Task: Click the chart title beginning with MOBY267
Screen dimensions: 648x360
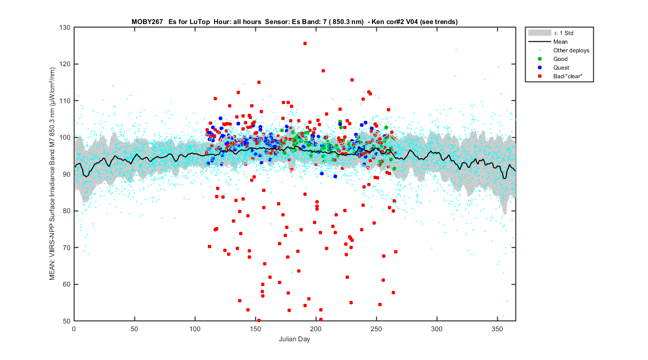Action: pos(295,22)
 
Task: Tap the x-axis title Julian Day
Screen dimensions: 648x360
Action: pos(295,339)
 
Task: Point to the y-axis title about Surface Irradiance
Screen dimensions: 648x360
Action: pos(52,174)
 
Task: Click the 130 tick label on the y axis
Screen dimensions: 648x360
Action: pos(65,27)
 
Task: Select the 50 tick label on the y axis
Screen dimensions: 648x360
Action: pos(67,321)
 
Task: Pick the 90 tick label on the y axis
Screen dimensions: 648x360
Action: pos(67,174)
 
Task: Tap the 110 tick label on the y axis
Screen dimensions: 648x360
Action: pos(65,101)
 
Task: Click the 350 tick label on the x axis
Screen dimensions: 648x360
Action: pos(497,329)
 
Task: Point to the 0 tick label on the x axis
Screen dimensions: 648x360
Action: pos(74,329)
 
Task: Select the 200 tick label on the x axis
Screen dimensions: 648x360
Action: pos(316,329)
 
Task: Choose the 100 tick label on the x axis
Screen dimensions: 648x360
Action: pos(195,329)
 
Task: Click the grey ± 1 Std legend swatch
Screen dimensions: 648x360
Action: pos(540,33)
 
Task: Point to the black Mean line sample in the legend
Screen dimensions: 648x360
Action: pos(540,42)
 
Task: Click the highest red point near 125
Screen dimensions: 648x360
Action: pos(305,43)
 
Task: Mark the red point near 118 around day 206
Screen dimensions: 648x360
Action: pos(323,71)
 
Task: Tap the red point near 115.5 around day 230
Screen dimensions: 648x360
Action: pos(352,80)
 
